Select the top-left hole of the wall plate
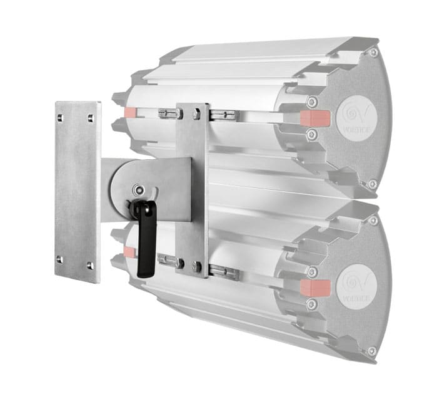point(60,117)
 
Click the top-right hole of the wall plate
point(91,117)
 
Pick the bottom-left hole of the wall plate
point(59,258)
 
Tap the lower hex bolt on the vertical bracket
point(198,266)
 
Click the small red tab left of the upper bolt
point(130,112)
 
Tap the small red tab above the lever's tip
point(130,251)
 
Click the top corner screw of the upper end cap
point(373,53)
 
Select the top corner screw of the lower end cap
point(374,220)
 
